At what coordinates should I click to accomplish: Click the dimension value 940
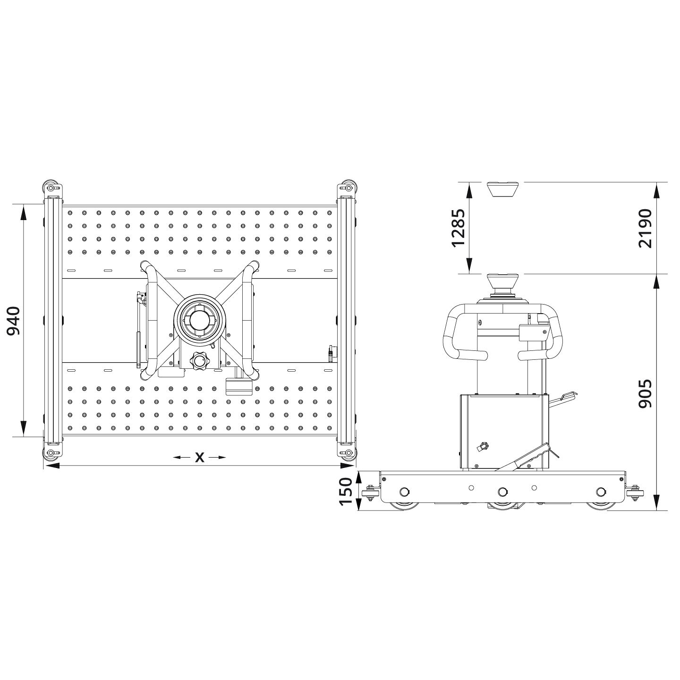point(13,321)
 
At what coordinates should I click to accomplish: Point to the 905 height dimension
point(645,393)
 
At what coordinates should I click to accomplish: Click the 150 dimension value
point(346,491)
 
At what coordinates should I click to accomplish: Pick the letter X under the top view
point(200,457)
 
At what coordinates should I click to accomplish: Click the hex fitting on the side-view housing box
point(483,446)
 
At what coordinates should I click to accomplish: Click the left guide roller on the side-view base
point(369,493)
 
